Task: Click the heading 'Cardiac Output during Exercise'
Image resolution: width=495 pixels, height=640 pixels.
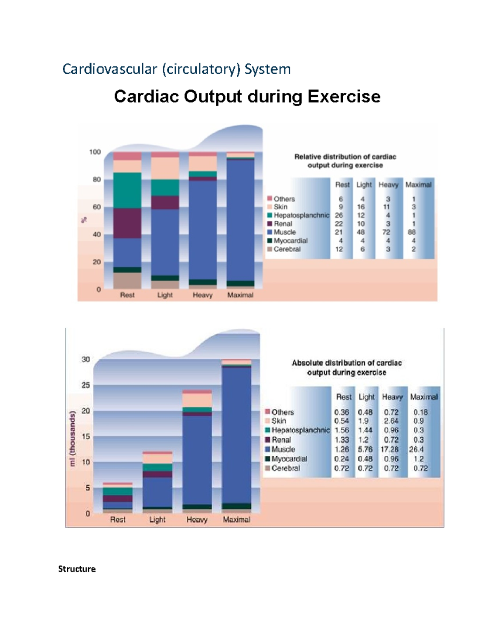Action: click(x=247, y=97)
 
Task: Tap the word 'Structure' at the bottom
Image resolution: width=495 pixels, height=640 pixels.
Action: click(x=77, y=569)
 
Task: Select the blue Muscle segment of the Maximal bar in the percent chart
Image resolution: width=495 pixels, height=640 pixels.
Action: click(x=240, y=218)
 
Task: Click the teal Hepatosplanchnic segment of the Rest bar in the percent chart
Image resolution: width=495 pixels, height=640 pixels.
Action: click(x=127, y=190)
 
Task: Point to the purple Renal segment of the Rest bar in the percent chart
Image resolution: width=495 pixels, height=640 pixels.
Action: click(x=127, y=223)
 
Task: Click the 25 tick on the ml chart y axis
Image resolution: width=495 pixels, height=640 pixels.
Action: click(x=86, y=385)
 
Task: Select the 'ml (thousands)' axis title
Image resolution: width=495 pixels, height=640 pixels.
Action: click(x=73, y=439)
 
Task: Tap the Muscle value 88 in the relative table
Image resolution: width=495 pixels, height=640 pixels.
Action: click(x=411, y=232)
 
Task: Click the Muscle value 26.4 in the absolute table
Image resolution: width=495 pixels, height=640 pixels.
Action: click(x=416, y=449)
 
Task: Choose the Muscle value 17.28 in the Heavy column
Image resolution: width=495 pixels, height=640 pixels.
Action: click(x=389, y=449)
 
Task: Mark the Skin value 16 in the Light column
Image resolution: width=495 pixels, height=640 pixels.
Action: click(x=361, y=207)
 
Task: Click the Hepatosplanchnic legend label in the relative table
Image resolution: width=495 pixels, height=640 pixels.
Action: click(x=301, y=215)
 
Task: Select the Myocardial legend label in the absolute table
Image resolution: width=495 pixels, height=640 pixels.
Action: click(x=289, y=459)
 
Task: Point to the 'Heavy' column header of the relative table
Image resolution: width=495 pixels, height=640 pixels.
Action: click(x=389, y=185)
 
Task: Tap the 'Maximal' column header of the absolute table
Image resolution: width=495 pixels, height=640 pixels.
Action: click(x=424, y=397)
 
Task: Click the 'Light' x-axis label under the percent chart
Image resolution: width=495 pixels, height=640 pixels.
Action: click(x=165, y=295)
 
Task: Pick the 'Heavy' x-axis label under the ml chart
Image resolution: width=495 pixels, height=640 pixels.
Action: click(x=197, y=520)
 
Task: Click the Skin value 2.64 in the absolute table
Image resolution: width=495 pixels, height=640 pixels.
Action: click(x=391, y=421)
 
